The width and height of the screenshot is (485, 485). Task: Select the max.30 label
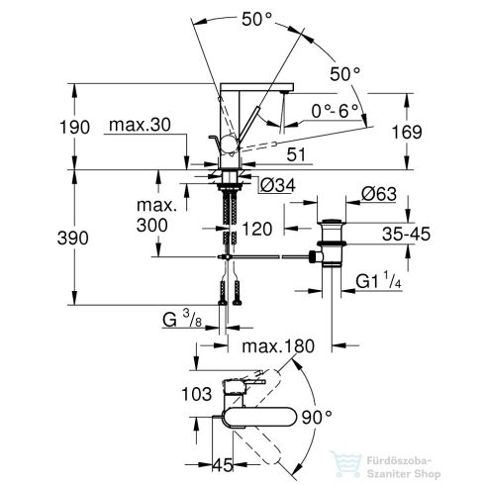pyautogui.click(x=135, y=126)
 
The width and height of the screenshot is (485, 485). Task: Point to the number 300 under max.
pyautogui.click(x=157, y=226)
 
